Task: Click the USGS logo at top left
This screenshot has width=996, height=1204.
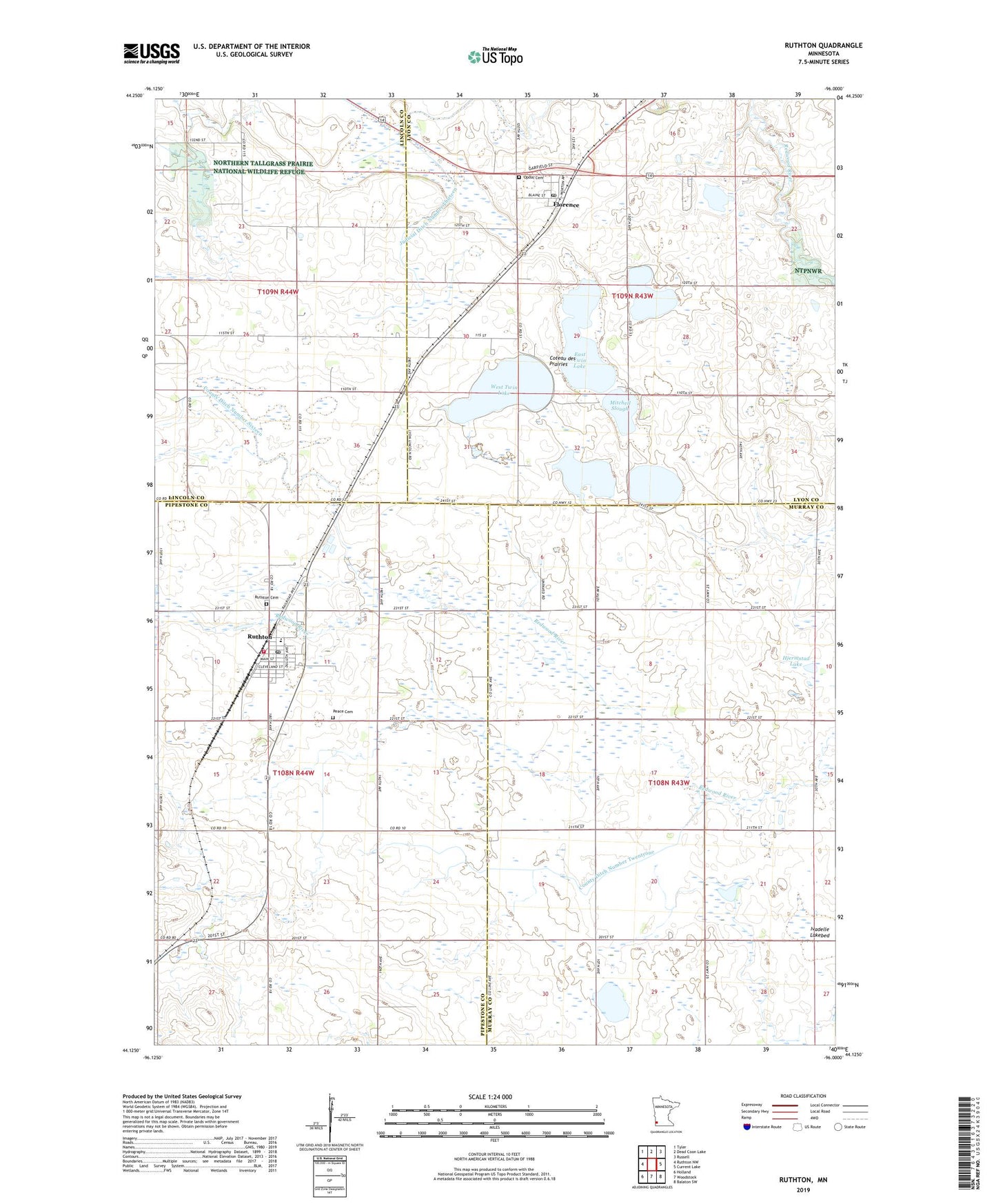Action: (151, 53)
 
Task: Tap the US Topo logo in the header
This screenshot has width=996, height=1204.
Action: (495, 57)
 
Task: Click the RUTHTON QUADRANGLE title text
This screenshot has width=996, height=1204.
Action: (823, 46)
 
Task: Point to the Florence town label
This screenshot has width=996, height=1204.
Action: (566, 205)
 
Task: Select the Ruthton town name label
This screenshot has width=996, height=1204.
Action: (261, 636)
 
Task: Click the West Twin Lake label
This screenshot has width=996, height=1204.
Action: (504, 390)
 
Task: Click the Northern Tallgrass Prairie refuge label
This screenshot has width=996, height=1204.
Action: (262, 168)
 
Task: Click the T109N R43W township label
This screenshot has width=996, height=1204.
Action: (632, 296)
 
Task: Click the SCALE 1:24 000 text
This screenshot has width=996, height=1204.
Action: (489, 1096)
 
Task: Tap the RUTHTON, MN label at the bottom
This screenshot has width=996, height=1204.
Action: (803, 1180)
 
